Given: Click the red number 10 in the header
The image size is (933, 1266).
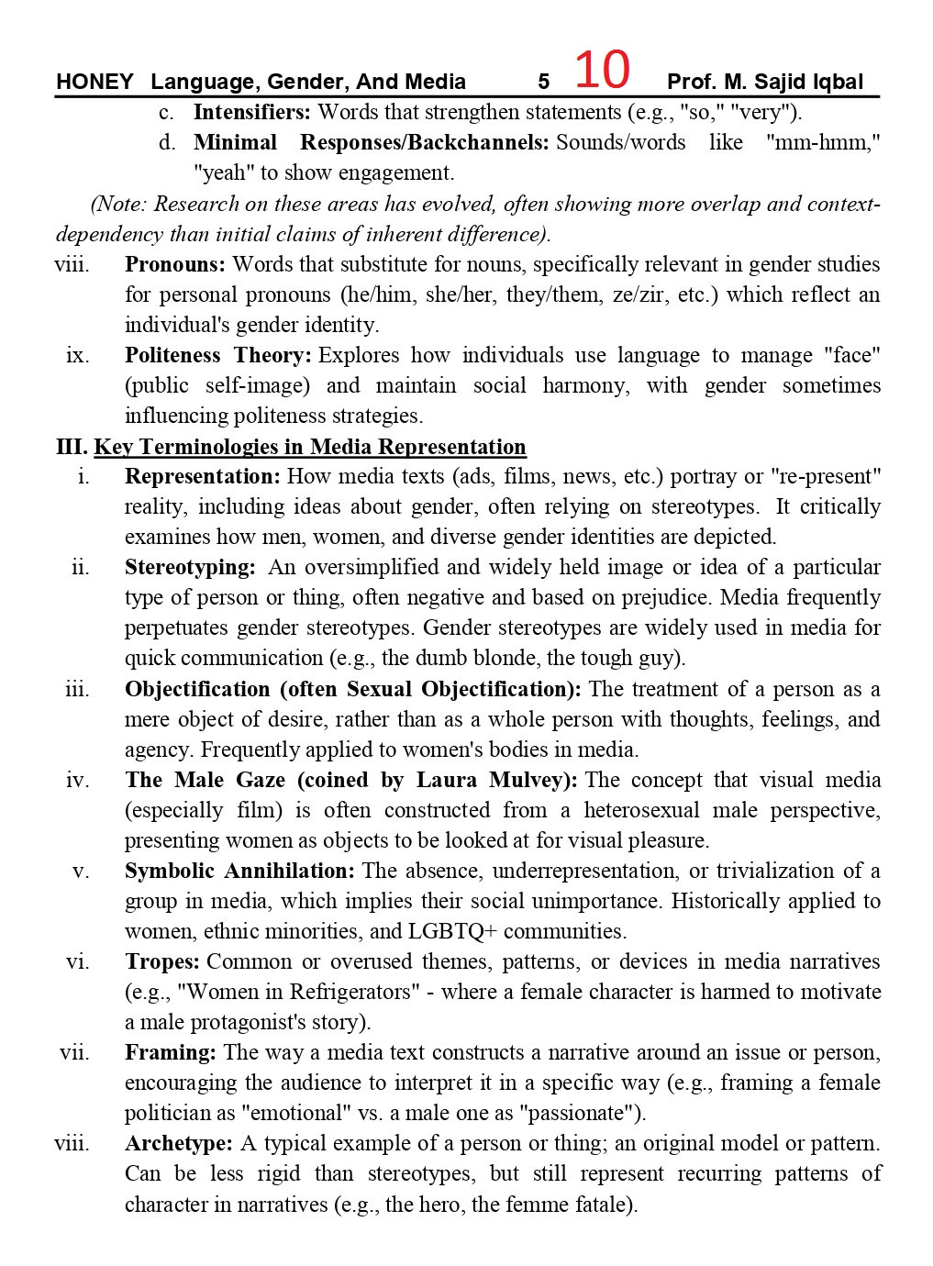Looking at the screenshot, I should (x=602, y=70).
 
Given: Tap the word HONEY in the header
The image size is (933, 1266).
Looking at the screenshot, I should (x=94, y=82).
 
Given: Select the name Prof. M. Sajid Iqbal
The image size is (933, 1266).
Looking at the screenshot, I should (x=765, y=82).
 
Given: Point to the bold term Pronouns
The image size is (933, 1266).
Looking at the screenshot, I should (x=174, y=265).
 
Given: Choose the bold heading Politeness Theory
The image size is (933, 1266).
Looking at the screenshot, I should (x=217, y=356).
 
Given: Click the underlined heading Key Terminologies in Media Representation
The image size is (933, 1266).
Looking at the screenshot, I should (x=310, y=447).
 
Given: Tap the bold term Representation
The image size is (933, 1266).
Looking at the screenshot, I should (x=202, y=477).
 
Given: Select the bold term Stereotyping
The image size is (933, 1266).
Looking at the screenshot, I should (x=189, y=568).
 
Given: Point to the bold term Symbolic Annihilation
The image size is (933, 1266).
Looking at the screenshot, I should (x=239, y=872).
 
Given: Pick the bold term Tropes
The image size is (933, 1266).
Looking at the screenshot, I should (x=161, y=962).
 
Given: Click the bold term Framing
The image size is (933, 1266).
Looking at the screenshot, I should (x=170, y=1053).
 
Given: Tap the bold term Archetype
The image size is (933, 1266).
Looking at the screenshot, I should (x=178, y=1144).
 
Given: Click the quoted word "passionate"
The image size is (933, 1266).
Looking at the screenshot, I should (x=580, y=1114).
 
